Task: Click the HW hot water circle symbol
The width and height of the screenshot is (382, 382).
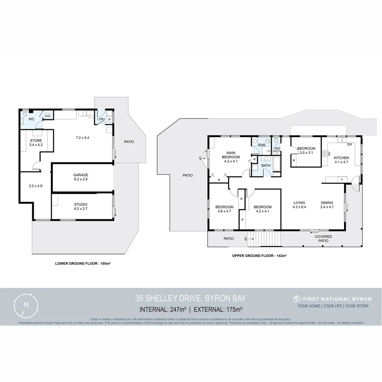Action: [x=47, y=116]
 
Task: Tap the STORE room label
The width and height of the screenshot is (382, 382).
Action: [x=36, y=141]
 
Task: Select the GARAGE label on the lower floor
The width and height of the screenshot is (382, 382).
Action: [x=81, y=175]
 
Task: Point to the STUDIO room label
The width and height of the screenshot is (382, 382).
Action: [x=81, y=204]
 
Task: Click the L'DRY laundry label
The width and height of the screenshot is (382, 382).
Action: [x=101, y=119]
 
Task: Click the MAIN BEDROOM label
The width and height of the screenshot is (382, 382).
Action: [x=231, y=155]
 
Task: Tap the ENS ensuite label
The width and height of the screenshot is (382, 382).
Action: [x=261, y=145]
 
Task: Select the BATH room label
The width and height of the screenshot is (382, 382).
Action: [x=266, y=165]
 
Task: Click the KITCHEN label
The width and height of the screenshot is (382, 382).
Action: [x=341, y=158]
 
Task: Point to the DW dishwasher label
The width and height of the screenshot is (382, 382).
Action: [x=349, y=144]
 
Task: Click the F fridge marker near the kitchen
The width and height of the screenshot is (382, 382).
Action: [x=342, y=180]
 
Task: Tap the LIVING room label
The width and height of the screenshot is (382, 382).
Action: [x=299, y=203]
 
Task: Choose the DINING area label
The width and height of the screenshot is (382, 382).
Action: [x=327, y=203]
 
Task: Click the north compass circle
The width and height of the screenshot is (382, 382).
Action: [x=26, y=305]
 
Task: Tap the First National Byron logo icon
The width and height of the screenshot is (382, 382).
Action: [x=296, y=299]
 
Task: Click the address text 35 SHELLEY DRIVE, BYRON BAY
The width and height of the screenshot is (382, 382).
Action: [x=190, y=299]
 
